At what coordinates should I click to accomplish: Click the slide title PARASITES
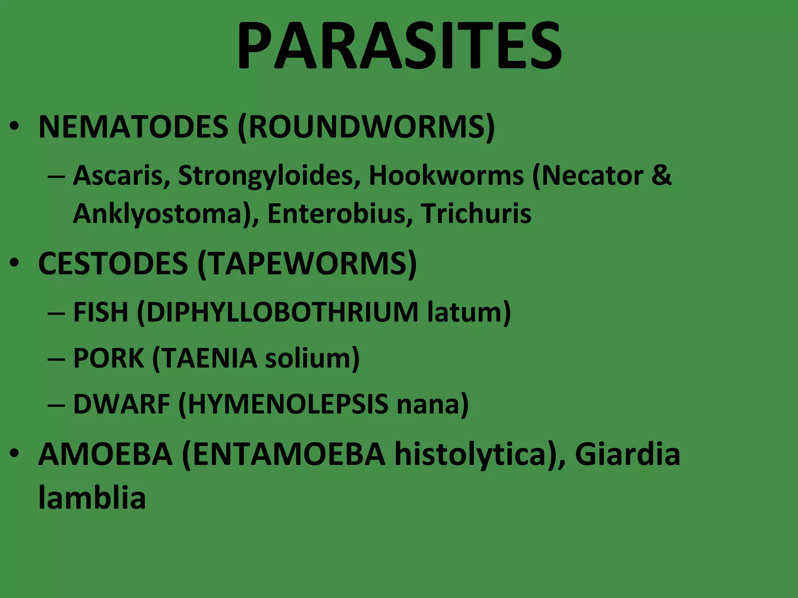pos(399,46)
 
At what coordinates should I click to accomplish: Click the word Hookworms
pos(446,176)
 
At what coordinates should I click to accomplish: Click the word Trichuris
pos(476,214)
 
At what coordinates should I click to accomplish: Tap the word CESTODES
pos(113,264)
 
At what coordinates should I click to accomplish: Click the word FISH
pos(101,312)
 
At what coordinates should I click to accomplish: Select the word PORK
pos(108,358)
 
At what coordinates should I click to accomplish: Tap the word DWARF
pos(122,404)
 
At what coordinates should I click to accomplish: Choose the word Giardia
pos(627,454)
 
